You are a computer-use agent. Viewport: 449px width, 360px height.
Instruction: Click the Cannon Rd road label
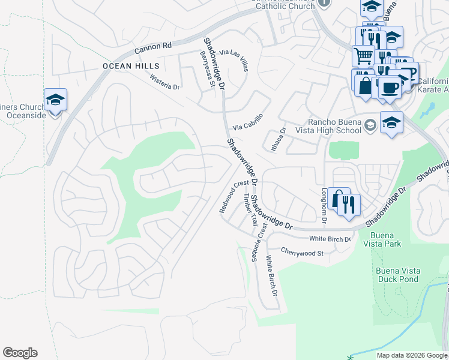point(153,45)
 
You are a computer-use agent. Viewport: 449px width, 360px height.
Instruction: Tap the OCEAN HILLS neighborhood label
point(131,65)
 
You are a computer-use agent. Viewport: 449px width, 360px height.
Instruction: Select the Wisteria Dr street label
point(165,82)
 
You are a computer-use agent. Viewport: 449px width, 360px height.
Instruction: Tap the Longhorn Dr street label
point(324,206)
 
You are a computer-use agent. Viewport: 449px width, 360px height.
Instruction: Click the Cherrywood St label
point(302,253)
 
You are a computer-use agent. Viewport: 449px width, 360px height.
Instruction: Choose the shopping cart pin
point(363,56)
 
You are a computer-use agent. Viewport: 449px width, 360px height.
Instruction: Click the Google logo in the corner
point(20,353)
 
